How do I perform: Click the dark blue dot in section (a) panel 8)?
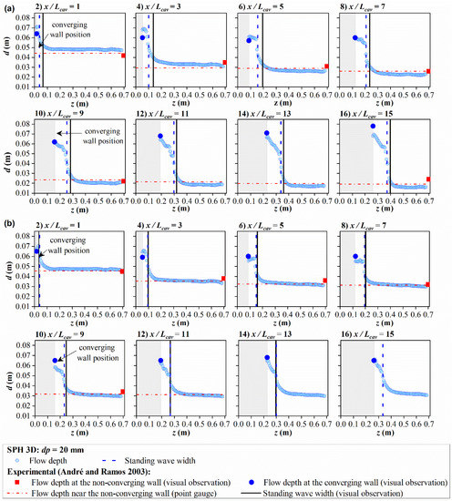pyautogui.click(x=356, y=38)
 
